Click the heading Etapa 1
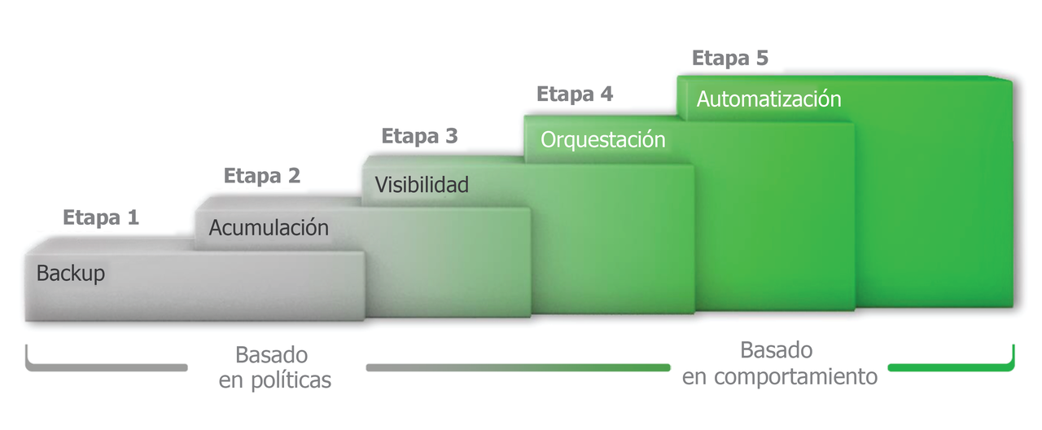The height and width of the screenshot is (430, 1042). (101, 217)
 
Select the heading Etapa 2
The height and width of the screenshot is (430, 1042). (262, 176)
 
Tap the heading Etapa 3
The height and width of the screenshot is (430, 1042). (419, 136)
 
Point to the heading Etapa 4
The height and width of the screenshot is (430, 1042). (575, 94)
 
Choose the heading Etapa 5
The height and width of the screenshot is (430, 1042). (730, 59)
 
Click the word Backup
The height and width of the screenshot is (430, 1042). (71, 274)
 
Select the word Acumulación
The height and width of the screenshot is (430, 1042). (269, 228)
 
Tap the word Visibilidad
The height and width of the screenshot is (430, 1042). (422, 185)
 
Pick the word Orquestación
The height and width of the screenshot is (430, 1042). (603, 140)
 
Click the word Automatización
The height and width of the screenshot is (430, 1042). (769, 99)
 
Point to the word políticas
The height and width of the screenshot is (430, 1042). (291, 380)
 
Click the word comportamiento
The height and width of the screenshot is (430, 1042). (796, 377)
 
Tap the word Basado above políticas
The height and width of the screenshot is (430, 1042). (272, 356)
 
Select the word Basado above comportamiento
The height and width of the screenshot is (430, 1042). (777, 350)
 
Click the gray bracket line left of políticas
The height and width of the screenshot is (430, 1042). (106, 367)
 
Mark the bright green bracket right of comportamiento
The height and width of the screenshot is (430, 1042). (952, 367)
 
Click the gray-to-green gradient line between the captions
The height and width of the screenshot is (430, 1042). (519, 367)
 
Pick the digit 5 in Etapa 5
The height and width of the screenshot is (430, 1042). (762, 59)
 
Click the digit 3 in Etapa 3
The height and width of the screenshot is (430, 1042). (452, 136)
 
